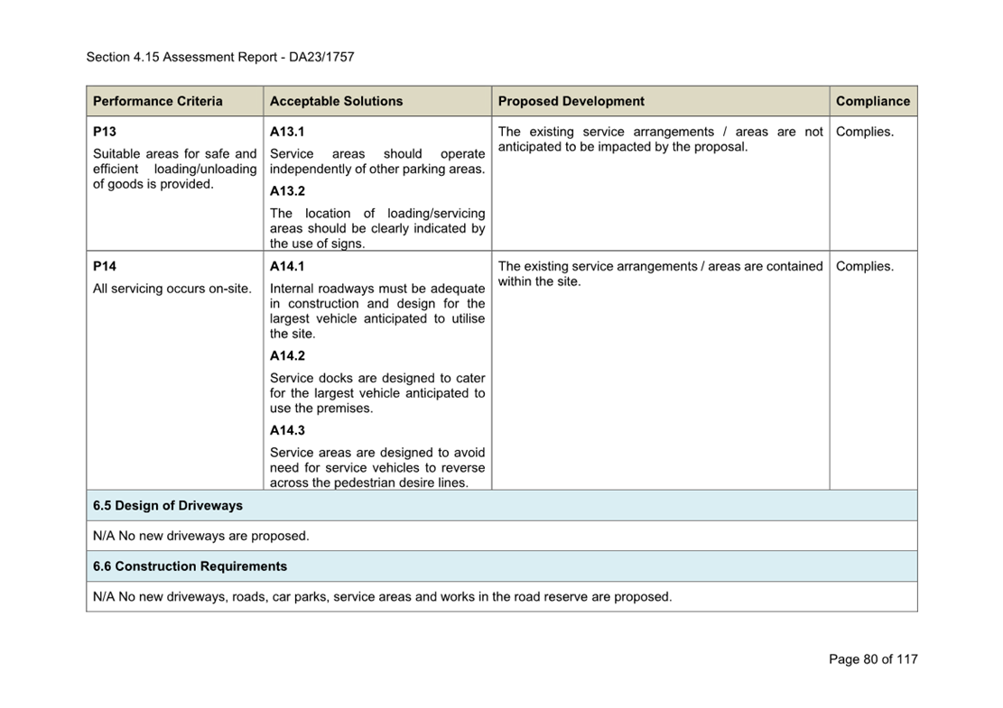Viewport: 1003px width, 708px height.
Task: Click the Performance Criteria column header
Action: (157, 101)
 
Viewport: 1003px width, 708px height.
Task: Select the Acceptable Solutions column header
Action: (336, 101)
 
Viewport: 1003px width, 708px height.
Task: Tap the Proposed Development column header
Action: (571, 101)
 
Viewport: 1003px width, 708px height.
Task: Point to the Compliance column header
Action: (872, 101)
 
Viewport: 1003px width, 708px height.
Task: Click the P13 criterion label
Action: (105, 132)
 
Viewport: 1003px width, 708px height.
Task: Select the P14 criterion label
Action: (105, 266)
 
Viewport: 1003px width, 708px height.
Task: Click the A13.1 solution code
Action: (287, 132)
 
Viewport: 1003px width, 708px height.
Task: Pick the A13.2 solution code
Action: (287, 191)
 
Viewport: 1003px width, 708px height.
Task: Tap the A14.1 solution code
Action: (287, 266)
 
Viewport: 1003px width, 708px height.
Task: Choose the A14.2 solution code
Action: (287, 355)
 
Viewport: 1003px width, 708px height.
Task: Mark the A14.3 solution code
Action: (287, 430)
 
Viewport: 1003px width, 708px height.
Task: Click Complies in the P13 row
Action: (864, 132)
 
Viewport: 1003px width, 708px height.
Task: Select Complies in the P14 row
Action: (864, 266)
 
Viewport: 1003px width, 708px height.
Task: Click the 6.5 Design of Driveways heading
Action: (168, 505)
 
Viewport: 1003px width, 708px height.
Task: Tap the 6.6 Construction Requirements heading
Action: (190, 566)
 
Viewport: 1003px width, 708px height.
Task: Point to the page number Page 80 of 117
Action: (872, 659)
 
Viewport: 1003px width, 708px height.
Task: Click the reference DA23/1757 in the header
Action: (321, 57)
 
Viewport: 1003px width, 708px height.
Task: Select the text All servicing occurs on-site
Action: (172, 289)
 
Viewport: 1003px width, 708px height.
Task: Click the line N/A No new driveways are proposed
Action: (200, 536)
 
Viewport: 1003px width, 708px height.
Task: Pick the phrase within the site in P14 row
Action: (539, 281)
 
